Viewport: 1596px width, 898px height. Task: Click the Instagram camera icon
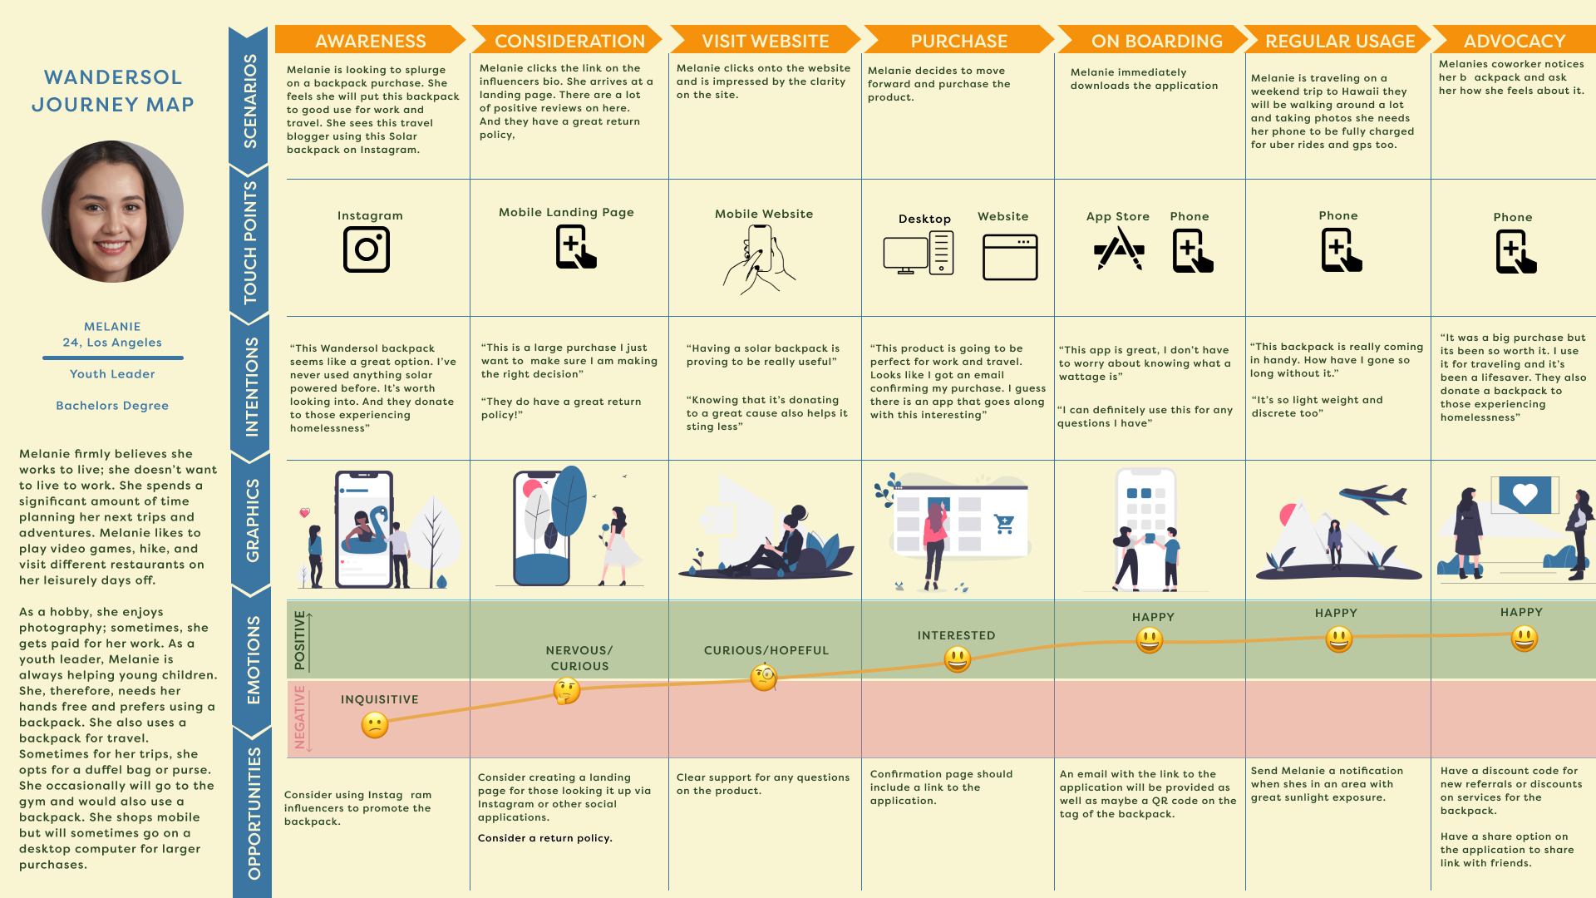367,249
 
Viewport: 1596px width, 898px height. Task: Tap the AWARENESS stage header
370,41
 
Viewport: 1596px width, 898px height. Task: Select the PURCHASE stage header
958,41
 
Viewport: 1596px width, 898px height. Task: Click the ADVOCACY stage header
1514,41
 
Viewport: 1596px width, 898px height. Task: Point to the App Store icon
1119,249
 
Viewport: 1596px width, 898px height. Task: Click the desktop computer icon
917,254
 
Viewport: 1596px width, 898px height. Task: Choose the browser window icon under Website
1010,257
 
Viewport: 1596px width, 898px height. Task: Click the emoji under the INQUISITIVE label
375,725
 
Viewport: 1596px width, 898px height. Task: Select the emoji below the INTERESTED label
958,659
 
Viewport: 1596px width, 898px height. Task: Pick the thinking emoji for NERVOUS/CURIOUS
567,690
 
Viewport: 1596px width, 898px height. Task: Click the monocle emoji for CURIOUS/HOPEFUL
764,678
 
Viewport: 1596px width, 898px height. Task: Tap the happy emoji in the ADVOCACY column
1524,639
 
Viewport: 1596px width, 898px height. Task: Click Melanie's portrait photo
113,211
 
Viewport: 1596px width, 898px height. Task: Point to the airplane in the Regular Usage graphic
1373,498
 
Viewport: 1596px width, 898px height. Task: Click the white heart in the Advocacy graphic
1525,495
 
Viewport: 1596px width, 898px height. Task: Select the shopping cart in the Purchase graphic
1004,524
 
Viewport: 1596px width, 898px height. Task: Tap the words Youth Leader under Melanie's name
112,374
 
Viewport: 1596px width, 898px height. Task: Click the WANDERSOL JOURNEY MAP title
113,91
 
